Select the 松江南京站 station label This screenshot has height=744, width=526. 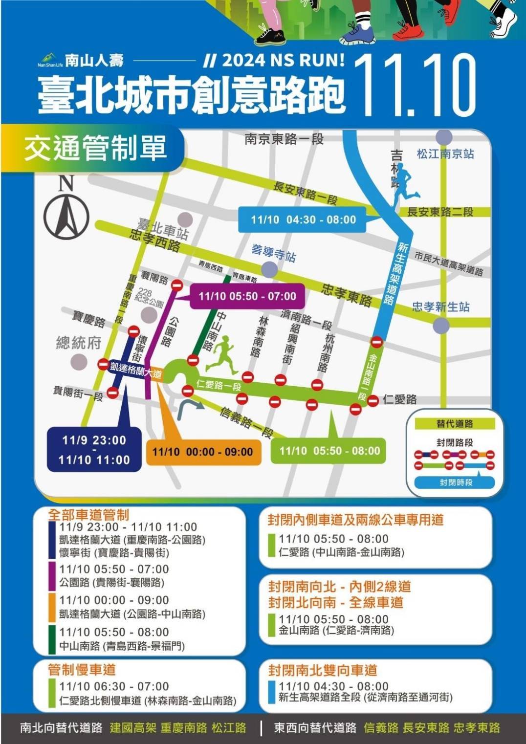445,154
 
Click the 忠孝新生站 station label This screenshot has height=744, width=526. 440,307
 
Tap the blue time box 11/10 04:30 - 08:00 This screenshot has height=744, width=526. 303,219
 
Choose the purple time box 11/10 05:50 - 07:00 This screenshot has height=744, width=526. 247,296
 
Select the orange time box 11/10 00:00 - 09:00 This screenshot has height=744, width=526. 202,452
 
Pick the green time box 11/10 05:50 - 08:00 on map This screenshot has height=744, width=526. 329,451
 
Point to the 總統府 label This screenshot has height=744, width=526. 78,343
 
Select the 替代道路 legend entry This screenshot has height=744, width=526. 455,424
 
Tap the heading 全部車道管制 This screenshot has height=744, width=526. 88,514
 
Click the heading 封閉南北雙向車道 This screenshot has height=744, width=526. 323,670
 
